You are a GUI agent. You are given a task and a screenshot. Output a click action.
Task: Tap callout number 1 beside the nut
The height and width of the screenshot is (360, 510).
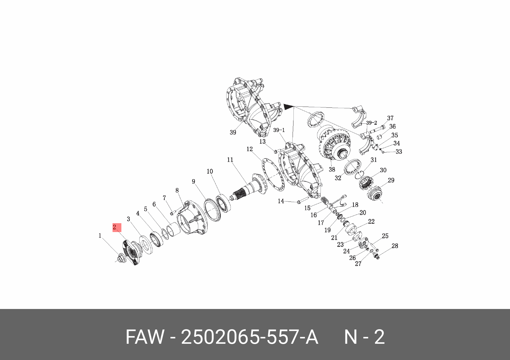point(100,236)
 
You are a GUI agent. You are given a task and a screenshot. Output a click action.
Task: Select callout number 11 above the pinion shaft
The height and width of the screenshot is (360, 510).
point(230,160)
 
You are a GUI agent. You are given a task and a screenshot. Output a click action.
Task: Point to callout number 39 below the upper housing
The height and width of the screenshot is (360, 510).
point(233,133)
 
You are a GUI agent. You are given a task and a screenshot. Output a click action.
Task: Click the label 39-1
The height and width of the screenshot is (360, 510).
point(279,130)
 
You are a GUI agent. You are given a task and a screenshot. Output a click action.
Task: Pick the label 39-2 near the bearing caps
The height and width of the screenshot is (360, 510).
point(371,123)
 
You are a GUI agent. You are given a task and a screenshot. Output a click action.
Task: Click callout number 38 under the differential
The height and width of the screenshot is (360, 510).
point(332,170)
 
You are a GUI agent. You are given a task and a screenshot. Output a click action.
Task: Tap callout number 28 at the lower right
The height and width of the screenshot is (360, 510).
point(395,246)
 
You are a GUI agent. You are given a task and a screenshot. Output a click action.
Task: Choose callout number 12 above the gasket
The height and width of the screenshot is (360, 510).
point(250,149)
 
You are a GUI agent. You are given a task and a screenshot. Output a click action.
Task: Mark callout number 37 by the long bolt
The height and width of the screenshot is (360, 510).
point(390,118)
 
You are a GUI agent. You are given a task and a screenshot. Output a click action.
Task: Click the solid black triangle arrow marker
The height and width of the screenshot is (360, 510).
point(288,107)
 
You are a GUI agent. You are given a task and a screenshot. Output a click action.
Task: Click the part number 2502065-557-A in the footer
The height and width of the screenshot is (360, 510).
point(250,337)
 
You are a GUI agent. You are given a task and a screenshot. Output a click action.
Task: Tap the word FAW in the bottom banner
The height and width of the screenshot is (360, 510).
point(145,337)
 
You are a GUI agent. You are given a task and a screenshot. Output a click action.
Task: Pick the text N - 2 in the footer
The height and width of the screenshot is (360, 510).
point(364,337)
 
